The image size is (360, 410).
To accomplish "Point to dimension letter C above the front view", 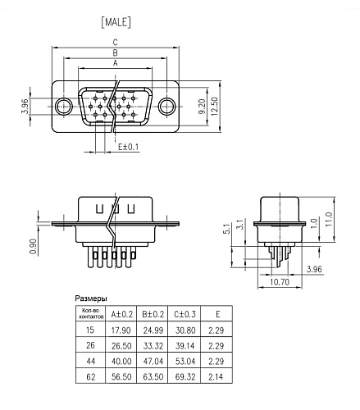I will point(116,42).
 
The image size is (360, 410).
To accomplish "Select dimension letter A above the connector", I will point(116,61).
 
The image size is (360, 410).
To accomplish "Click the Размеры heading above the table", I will point(91,298).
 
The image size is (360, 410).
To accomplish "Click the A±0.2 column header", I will point(121,312).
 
